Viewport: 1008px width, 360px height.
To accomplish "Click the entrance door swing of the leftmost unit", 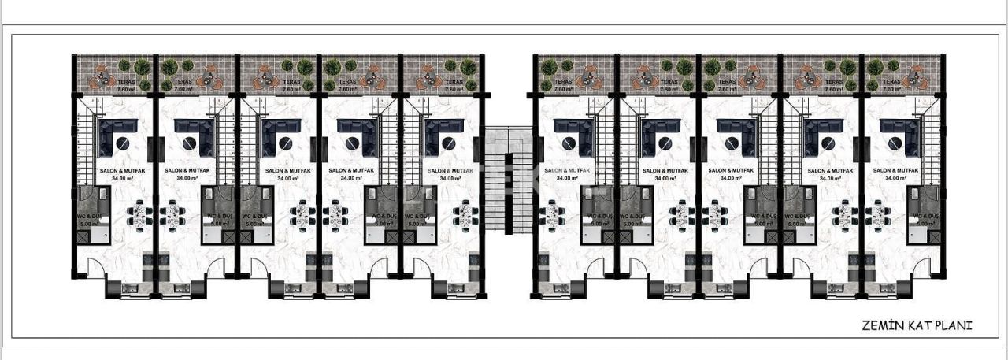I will [95, 269].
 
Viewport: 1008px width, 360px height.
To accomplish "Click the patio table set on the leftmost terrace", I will [102, 76].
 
